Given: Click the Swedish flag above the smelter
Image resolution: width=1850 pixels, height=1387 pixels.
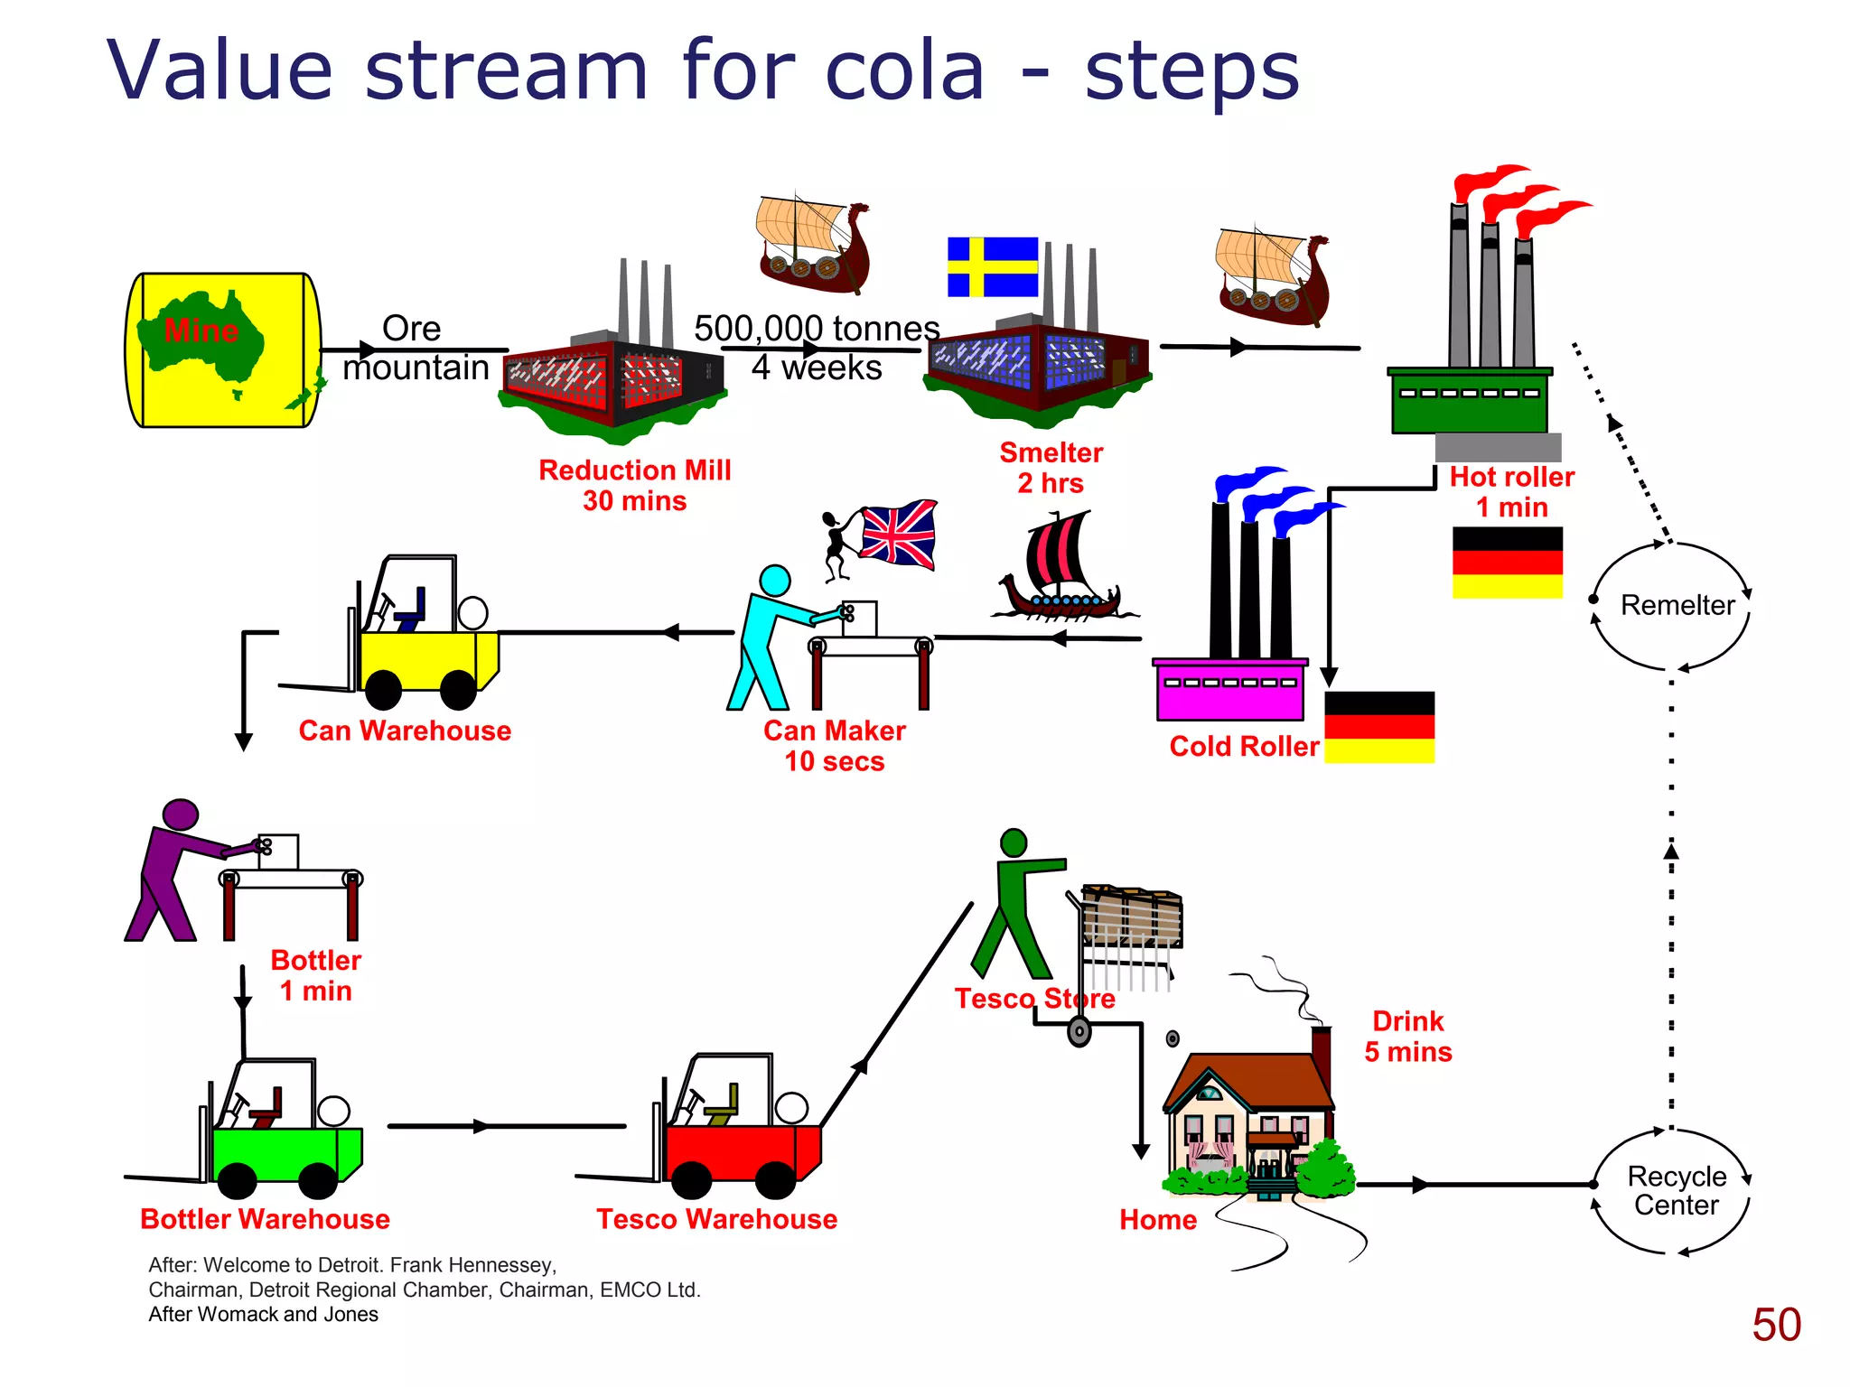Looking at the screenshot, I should click(x=992, y=266).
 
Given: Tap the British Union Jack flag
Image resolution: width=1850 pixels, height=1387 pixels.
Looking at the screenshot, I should click(x=897, y=534).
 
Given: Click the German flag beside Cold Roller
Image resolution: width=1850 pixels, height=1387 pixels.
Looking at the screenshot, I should click(x=1378, y=727).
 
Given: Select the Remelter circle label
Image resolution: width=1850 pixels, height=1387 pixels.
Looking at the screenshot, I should click(x=1677, y=605).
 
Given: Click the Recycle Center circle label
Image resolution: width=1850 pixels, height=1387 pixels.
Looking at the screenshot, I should click(x=1677, y=1190).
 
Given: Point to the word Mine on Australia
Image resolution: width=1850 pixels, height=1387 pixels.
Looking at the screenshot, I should click(x=201, y=330).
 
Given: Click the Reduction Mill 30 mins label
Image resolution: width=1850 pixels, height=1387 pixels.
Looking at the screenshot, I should click(x=634, y=485).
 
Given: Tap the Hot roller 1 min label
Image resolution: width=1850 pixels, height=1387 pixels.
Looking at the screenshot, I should click(x=1511, y=492).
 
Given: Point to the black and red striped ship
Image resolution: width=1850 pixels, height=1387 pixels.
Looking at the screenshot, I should click(x=1061, y=569).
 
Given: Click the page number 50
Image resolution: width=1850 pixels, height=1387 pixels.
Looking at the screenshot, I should click(x=1776, y=1325).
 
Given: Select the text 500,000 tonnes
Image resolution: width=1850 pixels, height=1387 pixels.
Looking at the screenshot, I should click(x=816, y=328).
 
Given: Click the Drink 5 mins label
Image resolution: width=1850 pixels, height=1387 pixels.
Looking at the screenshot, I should click(x=1407, y=1037).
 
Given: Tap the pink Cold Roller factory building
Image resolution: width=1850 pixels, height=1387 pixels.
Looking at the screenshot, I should click(x=1230, y=691).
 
